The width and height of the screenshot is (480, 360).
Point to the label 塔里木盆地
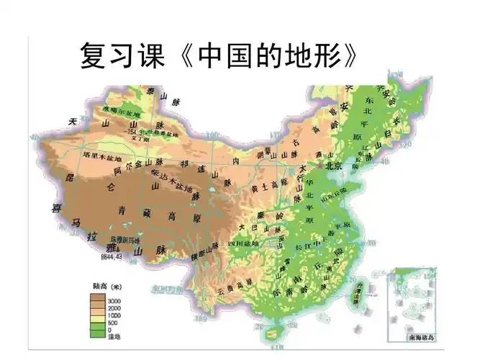pos(101,155)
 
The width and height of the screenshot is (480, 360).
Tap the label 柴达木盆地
pos(173,181)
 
